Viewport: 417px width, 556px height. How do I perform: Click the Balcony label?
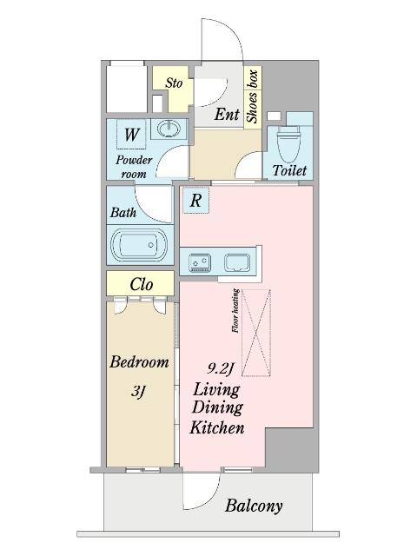tap(254, 506)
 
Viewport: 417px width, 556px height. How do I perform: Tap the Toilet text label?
tap(289, 170)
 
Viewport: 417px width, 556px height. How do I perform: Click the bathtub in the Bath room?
tap(139, 244)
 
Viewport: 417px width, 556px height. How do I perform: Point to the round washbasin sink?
tap(168, 129)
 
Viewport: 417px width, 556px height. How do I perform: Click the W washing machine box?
tap(131, 134)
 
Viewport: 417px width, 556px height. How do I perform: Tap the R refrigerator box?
tap(195, 201)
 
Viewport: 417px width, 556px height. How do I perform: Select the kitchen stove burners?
tap(199, 263)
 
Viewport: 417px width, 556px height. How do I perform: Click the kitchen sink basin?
tap(237, 262)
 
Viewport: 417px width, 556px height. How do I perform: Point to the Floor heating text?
tap(235, 311)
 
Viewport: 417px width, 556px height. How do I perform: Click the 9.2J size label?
tap(220, 369)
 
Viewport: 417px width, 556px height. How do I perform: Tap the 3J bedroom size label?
tap(138, 392)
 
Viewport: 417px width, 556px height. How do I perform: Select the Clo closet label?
tap(141, 284)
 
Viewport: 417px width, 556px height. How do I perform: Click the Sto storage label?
tap(174, 83)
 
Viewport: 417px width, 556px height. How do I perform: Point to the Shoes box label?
tap(252, 96)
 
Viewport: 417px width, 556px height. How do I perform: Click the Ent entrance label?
tap(227, 114)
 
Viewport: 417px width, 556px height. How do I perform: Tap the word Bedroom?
tap(139, 362)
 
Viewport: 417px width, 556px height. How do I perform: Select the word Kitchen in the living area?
tap(217, 427)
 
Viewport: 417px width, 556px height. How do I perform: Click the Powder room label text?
tap(134, 167)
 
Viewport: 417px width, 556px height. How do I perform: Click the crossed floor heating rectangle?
tap(256, 333)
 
